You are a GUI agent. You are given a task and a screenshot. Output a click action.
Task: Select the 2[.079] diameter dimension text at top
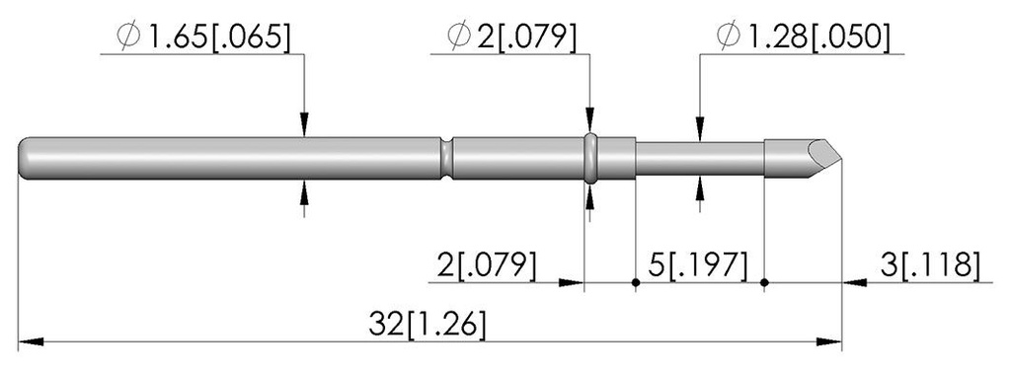click(526, 38)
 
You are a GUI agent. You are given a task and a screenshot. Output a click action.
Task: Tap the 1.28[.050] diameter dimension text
click(817, 38)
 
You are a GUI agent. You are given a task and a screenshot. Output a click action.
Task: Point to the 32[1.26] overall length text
click(427, 326)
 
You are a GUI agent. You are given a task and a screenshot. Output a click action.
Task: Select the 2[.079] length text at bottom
click(486, 266)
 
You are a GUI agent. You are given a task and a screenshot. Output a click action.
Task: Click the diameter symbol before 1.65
click(129, 38)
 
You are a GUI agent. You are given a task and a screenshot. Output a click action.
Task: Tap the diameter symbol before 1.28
click(728, 38)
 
